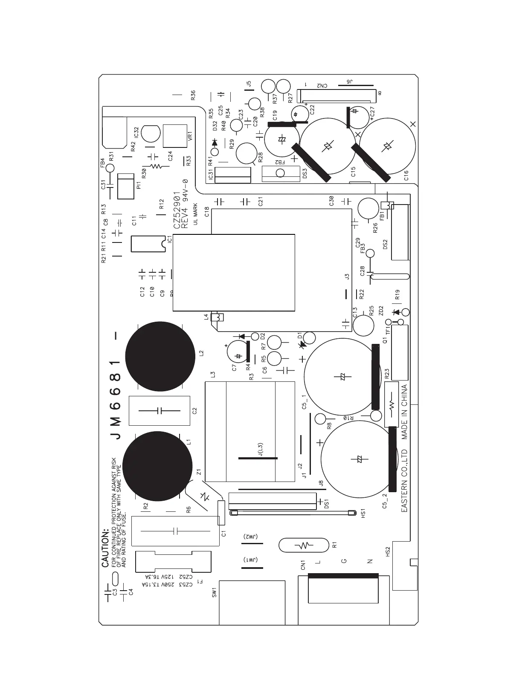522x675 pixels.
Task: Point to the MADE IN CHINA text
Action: tap(404, 412)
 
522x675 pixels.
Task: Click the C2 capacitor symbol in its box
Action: tap(159, 411)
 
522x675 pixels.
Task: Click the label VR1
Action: tap(191, 136)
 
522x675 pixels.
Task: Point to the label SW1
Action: tap(215, 592)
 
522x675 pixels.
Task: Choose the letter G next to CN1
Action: tap(344, 561)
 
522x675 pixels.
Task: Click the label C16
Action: tap(406, 175)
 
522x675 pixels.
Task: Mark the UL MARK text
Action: tap(195, 213)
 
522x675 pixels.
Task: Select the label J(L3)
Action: tap(261, 449)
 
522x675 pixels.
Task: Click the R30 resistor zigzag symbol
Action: tap(156, 166)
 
